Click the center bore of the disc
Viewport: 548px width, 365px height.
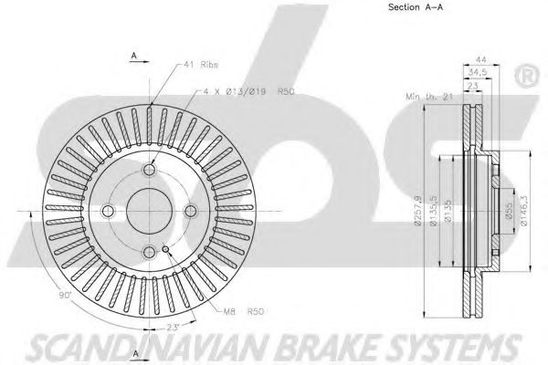[x=149, y=210]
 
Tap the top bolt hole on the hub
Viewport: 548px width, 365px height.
[x=149, y=170]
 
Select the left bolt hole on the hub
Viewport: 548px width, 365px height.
[x=108, y=211]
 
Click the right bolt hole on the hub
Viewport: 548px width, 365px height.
[x=190, y=211]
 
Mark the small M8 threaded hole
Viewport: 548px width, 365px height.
[x=164, y=248]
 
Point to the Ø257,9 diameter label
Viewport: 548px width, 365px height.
[x=420, y=210]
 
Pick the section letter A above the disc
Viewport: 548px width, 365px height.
[x=134, y=57]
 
